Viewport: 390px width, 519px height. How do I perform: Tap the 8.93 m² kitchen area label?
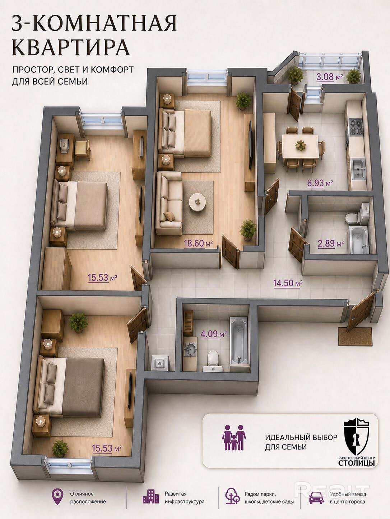[x=320, y=183]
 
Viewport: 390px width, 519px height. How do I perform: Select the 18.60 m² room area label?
[x=198, y=243]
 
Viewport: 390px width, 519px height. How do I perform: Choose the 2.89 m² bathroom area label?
[x=331, y=243]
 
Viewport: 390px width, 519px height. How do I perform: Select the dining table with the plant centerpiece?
[x=300, y=146]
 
